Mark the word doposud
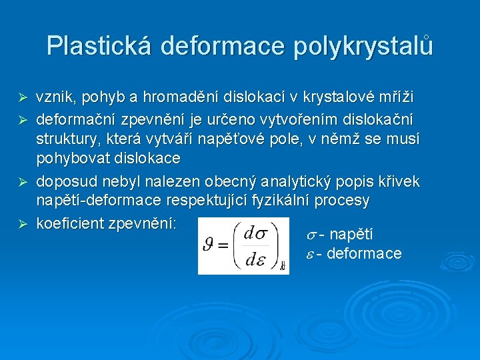[64, 181]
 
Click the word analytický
[300, 181]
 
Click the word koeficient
[70, 223]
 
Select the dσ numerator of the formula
[256, 233]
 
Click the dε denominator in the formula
[256, 259]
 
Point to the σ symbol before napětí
[311, 235]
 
